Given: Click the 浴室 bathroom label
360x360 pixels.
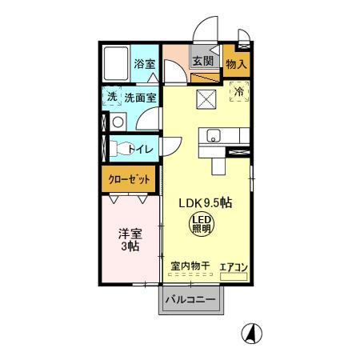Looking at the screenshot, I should click(x=144, y=64).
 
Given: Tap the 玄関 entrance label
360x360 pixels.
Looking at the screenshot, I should click(x=202, y=62).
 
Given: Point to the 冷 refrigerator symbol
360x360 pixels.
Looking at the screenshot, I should click(x=238, y=92).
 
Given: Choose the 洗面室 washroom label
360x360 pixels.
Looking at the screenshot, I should click(x=140, y=98).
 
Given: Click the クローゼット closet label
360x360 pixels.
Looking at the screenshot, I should click(x=129, y=179).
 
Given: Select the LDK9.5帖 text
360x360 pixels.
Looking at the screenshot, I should click(x=205, y=203).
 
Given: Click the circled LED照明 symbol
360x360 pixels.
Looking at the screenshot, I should click(x=202, y=225).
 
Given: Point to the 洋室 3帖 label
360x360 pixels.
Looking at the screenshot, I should click(x=130, y=239).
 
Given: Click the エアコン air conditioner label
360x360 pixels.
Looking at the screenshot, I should click(x=234, y=266).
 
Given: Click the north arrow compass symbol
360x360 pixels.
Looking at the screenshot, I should click(x=252, y=332).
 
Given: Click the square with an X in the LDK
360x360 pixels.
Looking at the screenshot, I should click(x=206, y=100).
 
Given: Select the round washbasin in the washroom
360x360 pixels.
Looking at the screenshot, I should click(x=117, y=122).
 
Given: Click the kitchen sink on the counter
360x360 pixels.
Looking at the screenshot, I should click(x=213, y=134).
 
